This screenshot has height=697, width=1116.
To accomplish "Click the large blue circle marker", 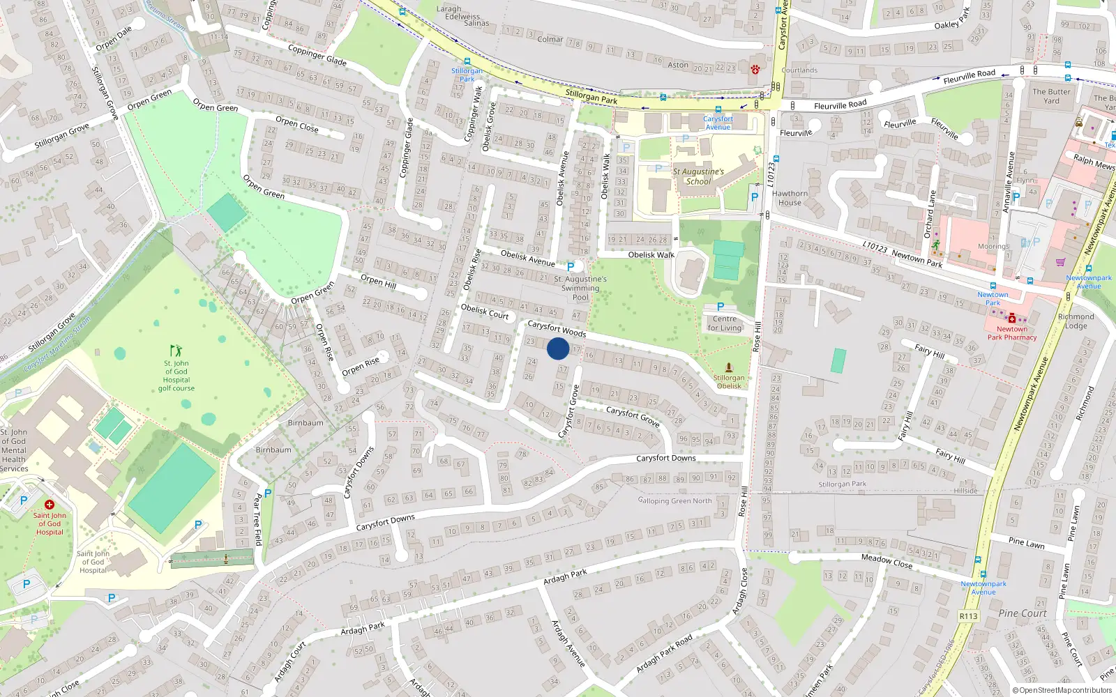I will click(558, 348).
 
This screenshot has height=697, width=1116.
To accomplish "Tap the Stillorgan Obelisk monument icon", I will click(729, 367).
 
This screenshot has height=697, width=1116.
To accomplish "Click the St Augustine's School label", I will click(698, 176).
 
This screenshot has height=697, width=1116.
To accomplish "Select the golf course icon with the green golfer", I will click(176, 350).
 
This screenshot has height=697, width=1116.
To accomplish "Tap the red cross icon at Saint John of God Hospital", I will click(50, 504).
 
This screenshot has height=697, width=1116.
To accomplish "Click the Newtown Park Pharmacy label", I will click(1011, 333).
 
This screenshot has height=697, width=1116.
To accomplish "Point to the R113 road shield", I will click(968, 616).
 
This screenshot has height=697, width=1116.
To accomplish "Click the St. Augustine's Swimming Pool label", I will click(580, 288).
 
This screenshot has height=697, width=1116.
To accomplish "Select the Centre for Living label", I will click(725, 323).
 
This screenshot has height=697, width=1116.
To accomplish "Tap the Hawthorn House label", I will click(790, 198).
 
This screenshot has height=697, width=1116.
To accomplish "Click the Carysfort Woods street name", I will click(557, 329).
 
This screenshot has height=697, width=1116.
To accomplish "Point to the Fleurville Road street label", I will click(840, 105).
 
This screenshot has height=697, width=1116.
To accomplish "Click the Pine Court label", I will click(1023, 613).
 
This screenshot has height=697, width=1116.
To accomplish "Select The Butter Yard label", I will click(1051, 96).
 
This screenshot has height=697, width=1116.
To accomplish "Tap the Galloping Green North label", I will click(674, 500).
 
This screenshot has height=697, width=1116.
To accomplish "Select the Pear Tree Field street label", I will click(257, 519).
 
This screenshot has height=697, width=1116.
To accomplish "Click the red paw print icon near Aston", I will click(755, 69).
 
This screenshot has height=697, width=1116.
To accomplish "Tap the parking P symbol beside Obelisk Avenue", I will click(571, 267).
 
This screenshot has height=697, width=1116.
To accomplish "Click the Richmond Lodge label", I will click(1076, 321).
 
